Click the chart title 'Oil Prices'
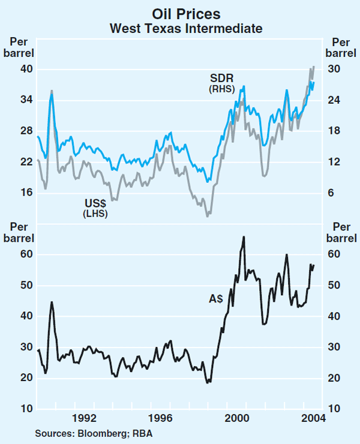(180, 14)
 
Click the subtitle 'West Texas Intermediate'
(180, 28)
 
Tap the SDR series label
(221, 78)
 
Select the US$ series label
(95, 203)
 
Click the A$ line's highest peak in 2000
(244, 236)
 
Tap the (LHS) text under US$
(95, 213)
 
